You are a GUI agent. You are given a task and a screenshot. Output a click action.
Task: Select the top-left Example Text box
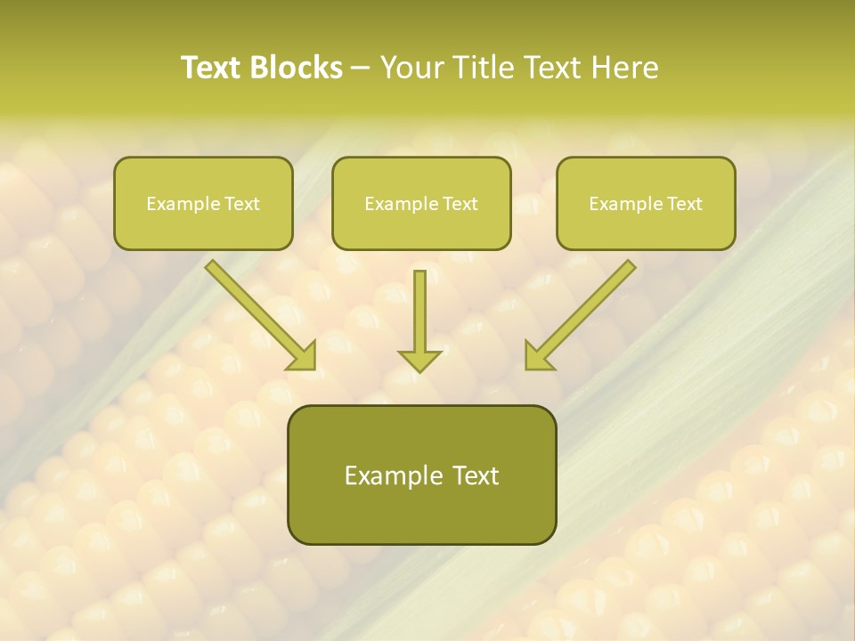tap(203, 203)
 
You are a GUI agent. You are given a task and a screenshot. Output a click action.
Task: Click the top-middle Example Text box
tap(421, 203)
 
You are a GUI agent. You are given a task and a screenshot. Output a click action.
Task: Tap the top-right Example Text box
tap(646, 203)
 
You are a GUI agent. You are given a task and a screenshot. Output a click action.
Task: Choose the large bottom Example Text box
tap(421, 475)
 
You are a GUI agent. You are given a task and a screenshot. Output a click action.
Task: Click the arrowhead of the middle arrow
tap(419, 360)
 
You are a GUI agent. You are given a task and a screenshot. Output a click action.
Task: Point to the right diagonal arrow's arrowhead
tap(537, 356)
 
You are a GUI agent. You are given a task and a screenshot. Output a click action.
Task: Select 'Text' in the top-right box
tap(684, 203)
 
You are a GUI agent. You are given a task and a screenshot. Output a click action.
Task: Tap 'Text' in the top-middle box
tap(460, 203)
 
